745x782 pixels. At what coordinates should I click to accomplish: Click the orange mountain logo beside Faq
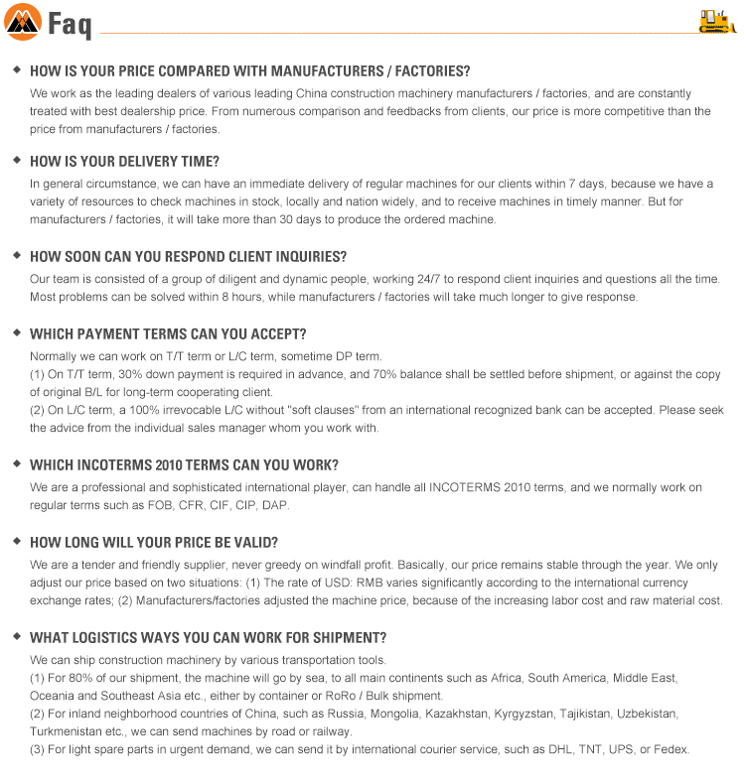coord(23,22)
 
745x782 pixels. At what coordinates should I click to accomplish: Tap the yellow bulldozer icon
coord(717,21)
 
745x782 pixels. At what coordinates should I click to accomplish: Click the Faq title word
coord(70,24)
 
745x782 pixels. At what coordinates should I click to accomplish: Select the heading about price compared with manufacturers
coord(249,71)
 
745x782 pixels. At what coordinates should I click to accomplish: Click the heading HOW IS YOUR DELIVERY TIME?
coord(124,162)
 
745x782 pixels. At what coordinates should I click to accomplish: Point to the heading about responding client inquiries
coord(188,256)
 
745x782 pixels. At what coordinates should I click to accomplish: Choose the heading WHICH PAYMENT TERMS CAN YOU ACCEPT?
coord(168,333)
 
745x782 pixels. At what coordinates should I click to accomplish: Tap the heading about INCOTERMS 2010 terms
coord(184,464)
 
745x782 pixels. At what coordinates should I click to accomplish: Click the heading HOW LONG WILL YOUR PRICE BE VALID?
coord(153,542)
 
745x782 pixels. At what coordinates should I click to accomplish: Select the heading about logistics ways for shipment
coord(208,637)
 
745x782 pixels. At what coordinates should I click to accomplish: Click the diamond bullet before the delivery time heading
coord(17,161)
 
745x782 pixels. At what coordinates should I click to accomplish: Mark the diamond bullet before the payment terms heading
coord(17,332)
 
